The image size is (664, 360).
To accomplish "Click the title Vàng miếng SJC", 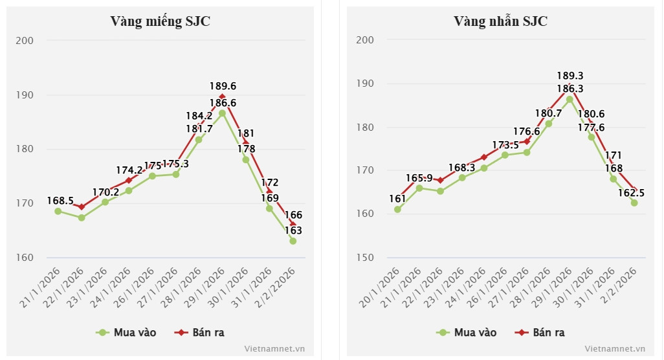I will click(160, 21).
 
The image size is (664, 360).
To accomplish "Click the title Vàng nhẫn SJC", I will click(500, 21).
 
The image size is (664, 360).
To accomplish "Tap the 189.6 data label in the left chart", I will click(223, 85).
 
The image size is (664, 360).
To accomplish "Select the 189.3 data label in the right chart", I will click(570, 75).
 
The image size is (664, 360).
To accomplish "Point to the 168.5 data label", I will click(60, 201).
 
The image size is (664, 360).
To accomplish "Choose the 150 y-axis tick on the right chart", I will click(365, 258).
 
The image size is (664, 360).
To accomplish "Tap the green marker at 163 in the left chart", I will click(293, 241).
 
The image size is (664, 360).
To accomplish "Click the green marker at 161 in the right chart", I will click(397, 209).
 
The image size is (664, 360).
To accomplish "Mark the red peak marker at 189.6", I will click(222, 97).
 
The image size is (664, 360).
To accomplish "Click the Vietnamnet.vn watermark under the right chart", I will click(614, 348).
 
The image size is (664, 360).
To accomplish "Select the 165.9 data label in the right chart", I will click(419, 177).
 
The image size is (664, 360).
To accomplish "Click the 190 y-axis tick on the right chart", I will click(365, 84).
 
